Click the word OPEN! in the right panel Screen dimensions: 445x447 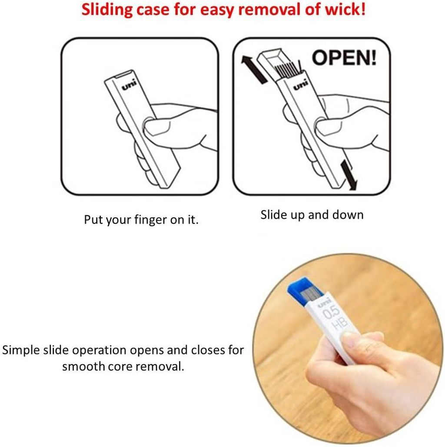344,58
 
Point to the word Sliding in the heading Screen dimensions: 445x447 107,10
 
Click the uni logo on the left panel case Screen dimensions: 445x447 130,85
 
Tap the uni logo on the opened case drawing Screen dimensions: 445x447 301,85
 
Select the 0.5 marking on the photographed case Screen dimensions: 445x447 331,312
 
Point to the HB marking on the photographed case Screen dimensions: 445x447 340,323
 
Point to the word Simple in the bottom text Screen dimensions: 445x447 21,350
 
